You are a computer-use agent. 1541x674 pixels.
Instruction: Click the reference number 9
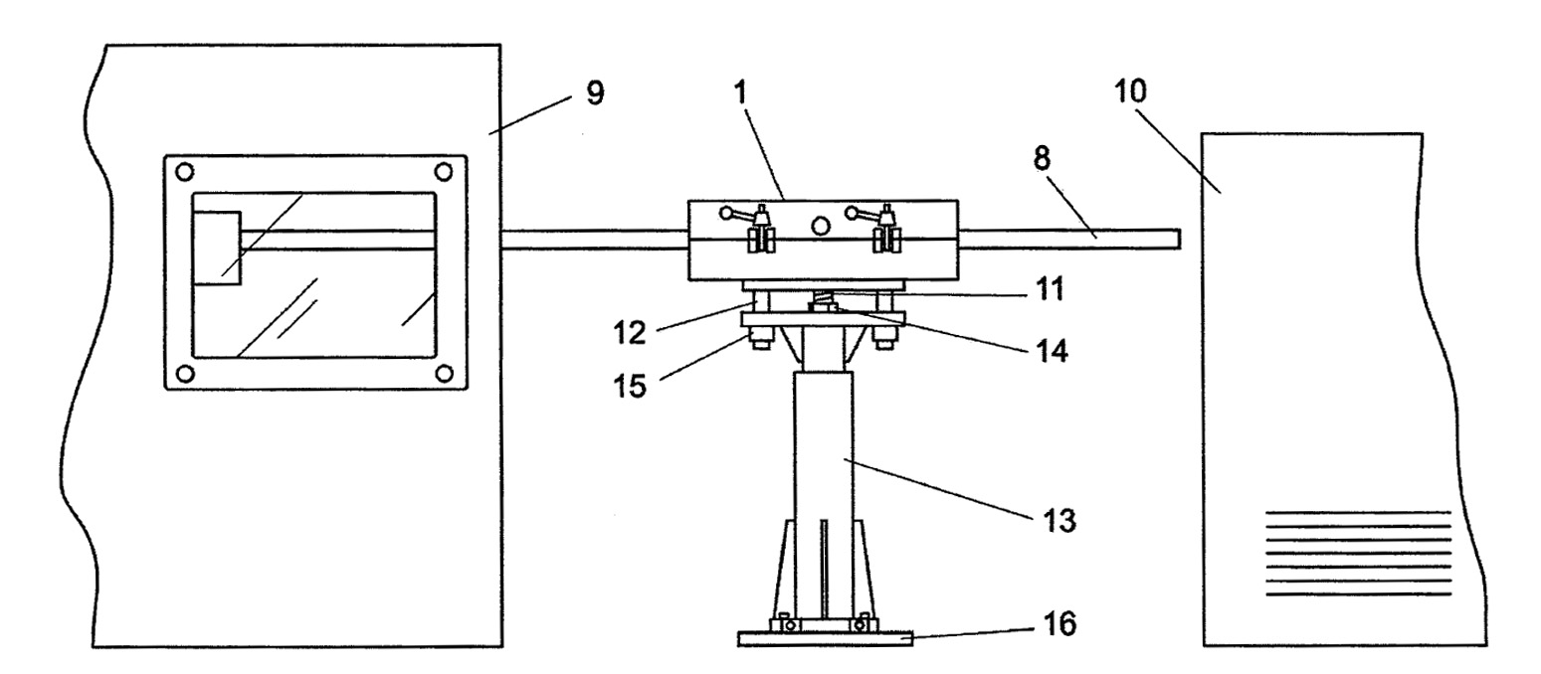pyautogui.click(x=595, y=92)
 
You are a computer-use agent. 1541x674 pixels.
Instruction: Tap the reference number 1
pyautogui.click(x=740, y=92)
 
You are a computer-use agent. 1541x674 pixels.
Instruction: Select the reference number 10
pyautogui.click(x=1129, y=90)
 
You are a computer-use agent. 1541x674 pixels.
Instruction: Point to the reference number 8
pyautogui.click(x=1043, y=158)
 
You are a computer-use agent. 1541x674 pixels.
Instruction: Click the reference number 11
pyautogui.click(x=1050, y=288)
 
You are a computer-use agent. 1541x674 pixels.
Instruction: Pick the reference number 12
pyautogui.click(x=630, y=333)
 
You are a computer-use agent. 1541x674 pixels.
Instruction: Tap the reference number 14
pyautogui.click(x=1052, y=351)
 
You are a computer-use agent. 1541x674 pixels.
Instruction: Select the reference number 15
pyautogui.click(x=630, y=386)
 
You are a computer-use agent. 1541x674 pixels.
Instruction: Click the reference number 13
pyautogui.click(x=1059, y=520)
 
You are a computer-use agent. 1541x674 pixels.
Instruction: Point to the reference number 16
pyautogui.click(x=1059, y=623)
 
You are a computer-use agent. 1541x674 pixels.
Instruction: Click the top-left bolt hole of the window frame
pyautogui.click(x=184, y=171)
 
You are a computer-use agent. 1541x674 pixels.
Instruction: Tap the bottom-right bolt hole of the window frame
pyautogui.click(x=445, y=374)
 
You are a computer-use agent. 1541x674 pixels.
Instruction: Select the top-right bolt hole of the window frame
pyautogui.click(x=444, y=171)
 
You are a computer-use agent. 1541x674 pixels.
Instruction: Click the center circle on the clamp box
pyautogui.click(x=820, y=225)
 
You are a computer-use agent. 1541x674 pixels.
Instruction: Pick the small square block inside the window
pyautogui.click(x=217, y=248)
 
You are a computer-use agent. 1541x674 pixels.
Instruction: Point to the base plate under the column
pyautogui.click(x=826, y=639)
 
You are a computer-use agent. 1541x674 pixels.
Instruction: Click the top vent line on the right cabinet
pyautogui.click(x=1358, y=512)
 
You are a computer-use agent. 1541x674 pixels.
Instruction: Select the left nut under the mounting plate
pyautogui.click(x=760, y=338)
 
